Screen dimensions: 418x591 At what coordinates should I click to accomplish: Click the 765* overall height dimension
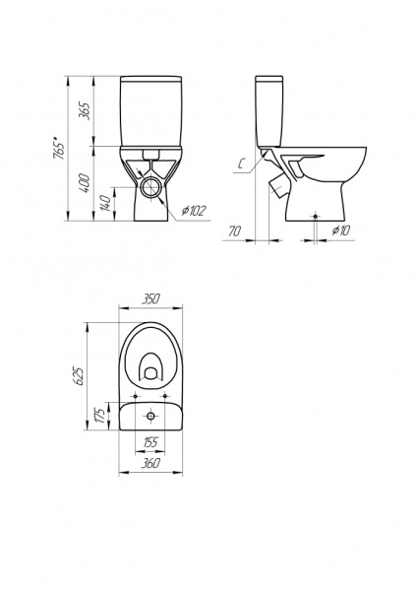pyautogui.click(x=59, y=150)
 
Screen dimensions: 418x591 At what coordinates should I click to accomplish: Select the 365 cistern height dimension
pyautogui.click(x=85, y=110)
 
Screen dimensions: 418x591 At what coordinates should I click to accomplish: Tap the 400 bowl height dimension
pyautogui.click(x=85, y=183)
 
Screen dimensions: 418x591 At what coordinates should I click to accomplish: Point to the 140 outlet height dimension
pyautogui.click(x=106, y=204)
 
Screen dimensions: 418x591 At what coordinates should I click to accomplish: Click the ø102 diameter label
pyautogui.click(x=194, y=211)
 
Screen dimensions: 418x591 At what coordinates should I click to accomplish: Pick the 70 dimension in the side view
pyautogui.click(x=234, y=231)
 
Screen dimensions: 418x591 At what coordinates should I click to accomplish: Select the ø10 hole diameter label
pyautogui.click(x=341, y=230)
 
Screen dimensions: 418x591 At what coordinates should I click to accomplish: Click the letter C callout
pyautogui.click(x=242, y=164)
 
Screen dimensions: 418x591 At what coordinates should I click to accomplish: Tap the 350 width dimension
pyautogui.click(x=150, y=298)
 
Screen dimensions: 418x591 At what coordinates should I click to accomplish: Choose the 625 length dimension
pyautogui.click(x=80, y=376)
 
